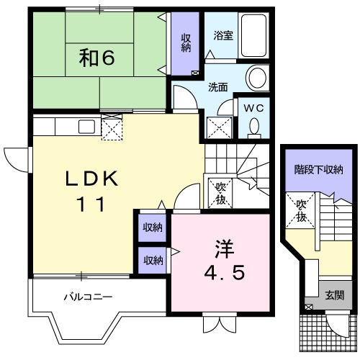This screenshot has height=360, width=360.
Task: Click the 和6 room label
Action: [x=97, y=58]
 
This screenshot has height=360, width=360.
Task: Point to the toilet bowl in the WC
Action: [x=253, y=127]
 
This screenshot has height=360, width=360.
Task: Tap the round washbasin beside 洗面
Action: [x=256, y=77]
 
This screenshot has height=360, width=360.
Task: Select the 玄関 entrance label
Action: [x=333, y=294]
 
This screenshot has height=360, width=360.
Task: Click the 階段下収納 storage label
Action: [x=318, y=170]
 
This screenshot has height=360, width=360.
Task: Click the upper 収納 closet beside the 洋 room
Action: [x=152, y=228]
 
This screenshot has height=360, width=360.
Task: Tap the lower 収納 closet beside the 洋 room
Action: [x=152, y=260]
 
